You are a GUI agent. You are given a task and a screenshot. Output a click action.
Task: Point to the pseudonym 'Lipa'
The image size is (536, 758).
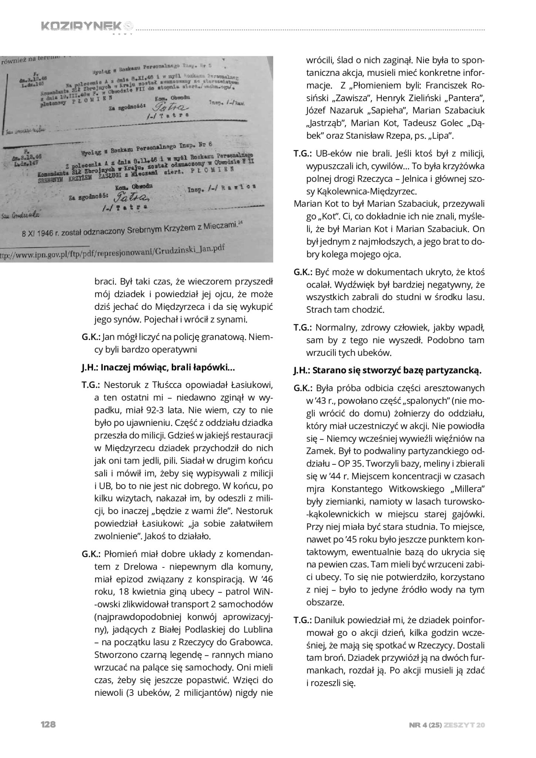point(442,135)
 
